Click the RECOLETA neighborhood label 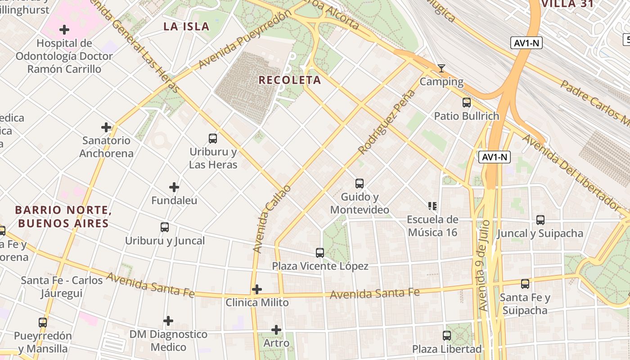(289, 80)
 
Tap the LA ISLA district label (186, 27)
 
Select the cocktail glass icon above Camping (441, 68)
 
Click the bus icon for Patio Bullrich (467, 103)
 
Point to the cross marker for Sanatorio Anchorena (106, 127)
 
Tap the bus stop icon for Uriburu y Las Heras (213, 139)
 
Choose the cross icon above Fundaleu (174, 187)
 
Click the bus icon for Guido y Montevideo (359, 184)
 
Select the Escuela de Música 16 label (432, 226)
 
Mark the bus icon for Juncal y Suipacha (540, 220)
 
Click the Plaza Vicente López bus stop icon (320, 253)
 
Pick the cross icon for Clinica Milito (257, 289)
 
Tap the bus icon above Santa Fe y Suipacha (525, 284)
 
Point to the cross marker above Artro (276, 330)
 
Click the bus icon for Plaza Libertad (447, 336)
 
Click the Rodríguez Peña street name (387, 122)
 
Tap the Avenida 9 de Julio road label (484, 265)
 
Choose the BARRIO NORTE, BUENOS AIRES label (63, 216)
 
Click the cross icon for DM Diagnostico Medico (168, 321)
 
